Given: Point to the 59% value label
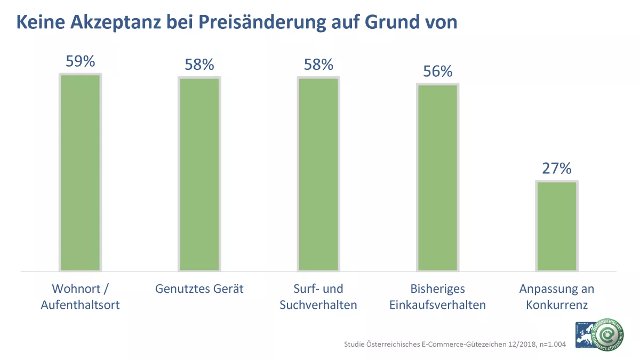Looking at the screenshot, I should (80, 61).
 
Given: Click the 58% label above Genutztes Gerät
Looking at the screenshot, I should (199, 65).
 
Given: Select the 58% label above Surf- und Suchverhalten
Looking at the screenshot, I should (318, 65).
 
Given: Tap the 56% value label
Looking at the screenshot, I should (437, 71).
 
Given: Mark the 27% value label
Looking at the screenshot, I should (557, 169).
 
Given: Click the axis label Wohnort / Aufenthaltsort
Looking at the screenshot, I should (80, 297).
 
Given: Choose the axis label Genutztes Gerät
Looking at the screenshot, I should (199, 289).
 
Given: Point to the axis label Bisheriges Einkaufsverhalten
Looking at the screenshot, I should (437, 297).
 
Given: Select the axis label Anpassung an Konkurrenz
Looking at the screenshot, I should (557, 297).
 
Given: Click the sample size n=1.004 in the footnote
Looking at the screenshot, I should (549, 344).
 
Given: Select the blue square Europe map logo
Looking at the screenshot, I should (584, 334).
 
